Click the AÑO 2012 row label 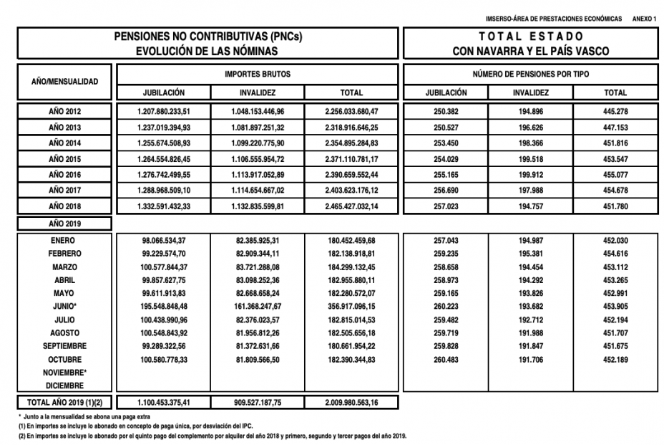pyautogui.click(x=64, y=111)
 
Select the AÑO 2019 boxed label pyautogui.click(x=64, y=223)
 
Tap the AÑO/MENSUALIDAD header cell pyautogui.click(x=64, y=82)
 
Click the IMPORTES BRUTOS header pyautogui.click(x=258, y=75)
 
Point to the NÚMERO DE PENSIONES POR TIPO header pyautogui.click(x=530, y=75)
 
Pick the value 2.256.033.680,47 pyautogui.click(x=351, y=111)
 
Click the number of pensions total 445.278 pyautogui.click(x=615, y=111)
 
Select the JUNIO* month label pyautogui.click(x=65, y=307)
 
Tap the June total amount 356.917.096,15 pyautogui.click(x=351, y=307)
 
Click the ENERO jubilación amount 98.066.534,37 pyautogui.click(x=164, y=241)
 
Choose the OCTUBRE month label pyautogui.click(x=65, y=360)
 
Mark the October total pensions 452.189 pyautogui.click(x=615, y=360)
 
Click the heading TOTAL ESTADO pyautogui.click(x=530, y=36)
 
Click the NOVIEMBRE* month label pyautogui.click(x=65, y=373)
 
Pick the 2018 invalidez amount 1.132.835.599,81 pyautogui.click(x=258, y=206)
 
